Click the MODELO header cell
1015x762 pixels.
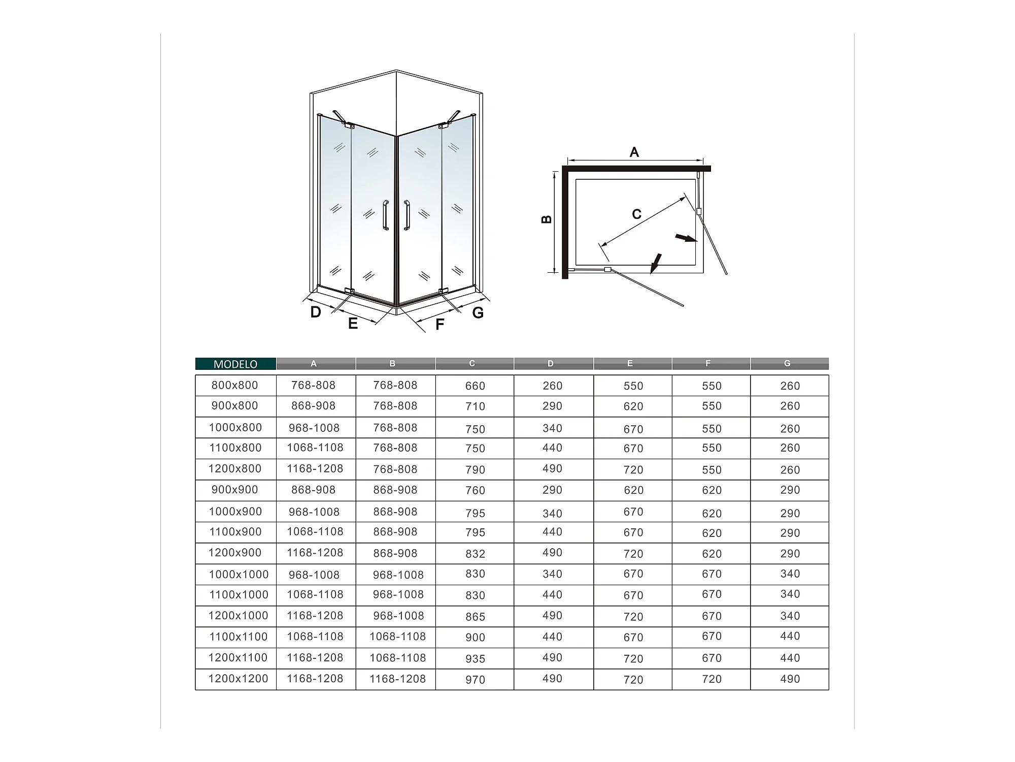tap(235, 364)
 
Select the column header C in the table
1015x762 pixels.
tap(472, 363)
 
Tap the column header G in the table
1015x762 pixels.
tap(787, 363)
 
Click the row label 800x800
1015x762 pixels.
tap(235, 385)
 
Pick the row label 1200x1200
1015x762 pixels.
tap(238, 678)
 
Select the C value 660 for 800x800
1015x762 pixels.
tap(475, 386)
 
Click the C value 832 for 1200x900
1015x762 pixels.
tap(475, 554)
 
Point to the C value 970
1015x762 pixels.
tap(475, 679)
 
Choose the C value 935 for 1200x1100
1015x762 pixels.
tap(475, 658)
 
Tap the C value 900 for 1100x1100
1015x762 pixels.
tap(475, 637)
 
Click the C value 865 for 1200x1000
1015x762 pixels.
tap(475, 616)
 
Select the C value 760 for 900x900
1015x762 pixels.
tap(475, 490)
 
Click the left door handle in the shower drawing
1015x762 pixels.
tap(386, 215)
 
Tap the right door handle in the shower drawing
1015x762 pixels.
tap(407, 215)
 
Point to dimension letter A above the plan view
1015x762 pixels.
tap(634, 152)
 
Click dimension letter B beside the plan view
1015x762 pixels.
tap(547, 219)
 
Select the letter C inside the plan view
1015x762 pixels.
tap(636, 214)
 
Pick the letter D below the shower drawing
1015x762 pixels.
tap(316, 312)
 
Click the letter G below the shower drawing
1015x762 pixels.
tap(478, 312)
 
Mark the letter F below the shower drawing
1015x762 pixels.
tap(439, 324)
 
